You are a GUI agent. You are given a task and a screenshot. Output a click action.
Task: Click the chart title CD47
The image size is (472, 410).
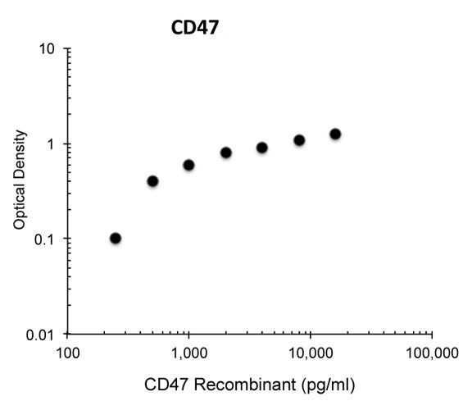194,29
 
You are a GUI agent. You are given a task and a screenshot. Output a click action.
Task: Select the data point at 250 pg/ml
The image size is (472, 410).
116,239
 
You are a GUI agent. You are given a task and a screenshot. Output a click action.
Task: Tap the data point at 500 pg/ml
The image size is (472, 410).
152,181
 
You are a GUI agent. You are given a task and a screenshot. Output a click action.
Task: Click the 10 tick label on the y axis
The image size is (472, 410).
48,49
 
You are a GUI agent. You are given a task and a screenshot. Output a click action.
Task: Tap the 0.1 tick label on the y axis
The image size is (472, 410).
46,239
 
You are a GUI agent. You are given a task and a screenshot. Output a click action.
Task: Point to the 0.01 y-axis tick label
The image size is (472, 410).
43,335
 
